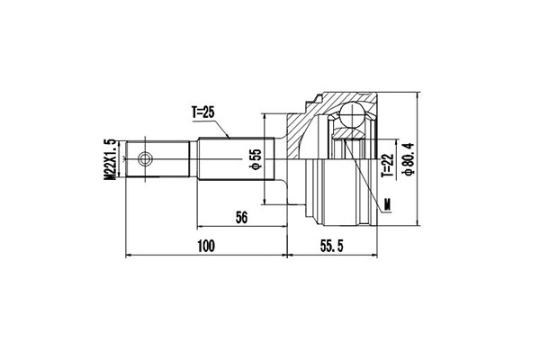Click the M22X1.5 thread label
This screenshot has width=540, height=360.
[110, 161]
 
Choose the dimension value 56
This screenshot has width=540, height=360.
[240, 217]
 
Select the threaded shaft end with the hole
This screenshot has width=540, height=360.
[148, 161]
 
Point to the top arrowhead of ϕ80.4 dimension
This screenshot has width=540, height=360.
[419, 94]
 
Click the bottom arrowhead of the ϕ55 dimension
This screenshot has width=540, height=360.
[265, 203]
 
